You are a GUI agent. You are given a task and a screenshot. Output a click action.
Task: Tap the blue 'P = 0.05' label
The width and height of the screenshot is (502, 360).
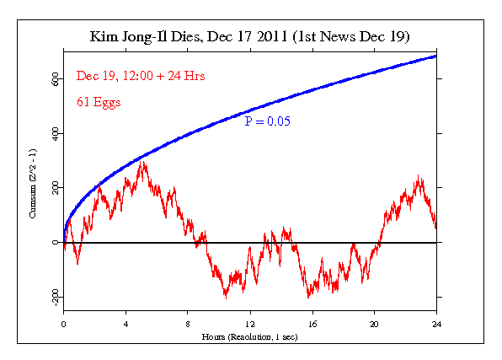coord(267,121)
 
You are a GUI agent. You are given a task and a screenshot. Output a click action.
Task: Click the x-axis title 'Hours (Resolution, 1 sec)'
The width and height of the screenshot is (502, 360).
coord(250,336)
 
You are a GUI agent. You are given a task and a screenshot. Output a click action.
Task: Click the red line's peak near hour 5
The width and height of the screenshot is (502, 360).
coord(143,161)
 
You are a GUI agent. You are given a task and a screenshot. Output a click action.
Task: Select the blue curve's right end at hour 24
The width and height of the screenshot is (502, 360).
coord(435,56)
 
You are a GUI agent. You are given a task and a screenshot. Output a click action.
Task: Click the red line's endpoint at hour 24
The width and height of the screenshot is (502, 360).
coord(435,228)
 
